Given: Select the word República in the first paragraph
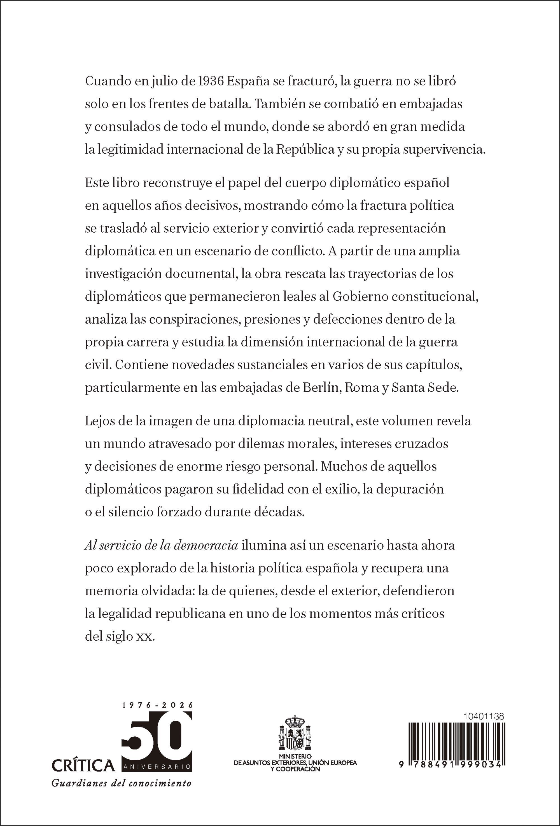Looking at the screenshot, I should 305,149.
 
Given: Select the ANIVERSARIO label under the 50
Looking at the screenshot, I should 157,767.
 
